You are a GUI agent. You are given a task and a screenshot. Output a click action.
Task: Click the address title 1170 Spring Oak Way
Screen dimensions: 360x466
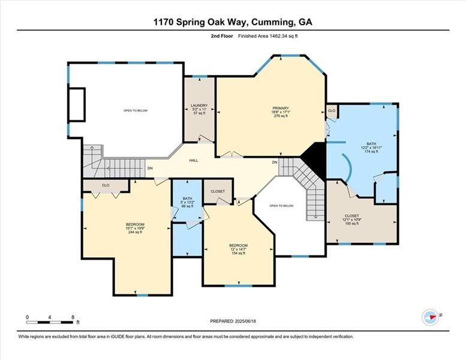233,22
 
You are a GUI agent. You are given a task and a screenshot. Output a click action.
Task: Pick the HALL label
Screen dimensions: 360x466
194,160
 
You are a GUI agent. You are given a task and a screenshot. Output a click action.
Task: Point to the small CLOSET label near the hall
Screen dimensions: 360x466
218,191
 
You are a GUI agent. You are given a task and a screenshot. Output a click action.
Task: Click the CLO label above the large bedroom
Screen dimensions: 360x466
105,186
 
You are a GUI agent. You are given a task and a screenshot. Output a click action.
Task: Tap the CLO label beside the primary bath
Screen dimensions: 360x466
332,111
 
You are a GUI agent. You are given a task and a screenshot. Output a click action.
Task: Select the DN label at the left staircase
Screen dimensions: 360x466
150,168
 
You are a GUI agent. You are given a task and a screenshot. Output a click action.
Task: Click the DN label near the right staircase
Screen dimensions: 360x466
274,163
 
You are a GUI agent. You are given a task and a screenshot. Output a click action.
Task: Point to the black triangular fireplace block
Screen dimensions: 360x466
314,160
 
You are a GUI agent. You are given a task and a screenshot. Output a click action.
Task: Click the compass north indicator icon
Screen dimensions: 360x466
430,317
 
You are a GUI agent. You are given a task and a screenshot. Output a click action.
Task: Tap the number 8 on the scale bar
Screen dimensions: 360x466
73,317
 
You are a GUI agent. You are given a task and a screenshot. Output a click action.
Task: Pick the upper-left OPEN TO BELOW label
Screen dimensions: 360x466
136,110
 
